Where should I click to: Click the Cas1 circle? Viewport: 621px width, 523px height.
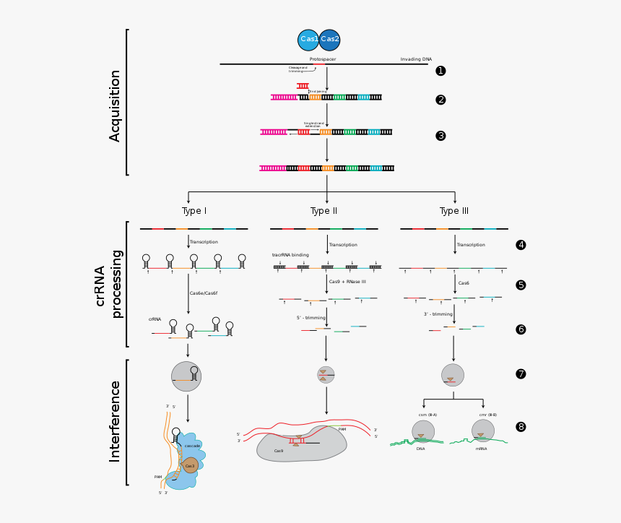coord(308,40)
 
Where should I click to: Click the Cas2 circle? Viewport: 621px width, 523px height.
coord(330,40)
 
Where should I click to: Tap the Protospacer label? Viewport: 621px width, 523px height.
coord(323,59)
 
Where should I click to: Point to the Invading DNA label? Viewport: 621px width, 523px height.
coord(416,59)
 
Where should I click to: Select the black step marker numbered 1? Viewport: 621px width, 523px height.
coord(440,71)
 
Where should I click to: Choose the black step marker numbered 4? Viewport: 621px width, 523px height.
coord(521,245)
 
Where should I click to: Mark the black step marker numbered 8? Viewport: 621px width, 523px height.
coord(521,427)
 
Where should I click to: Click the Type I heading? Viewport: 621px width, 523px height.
coord(194,211)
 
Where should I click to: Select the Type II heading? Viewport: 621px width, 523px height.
coord(323,211)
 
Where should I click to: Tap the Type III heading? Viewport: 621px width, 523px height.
coord(454,211)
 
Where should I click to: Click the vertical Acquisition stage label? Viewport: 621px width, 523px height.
coord(115,105)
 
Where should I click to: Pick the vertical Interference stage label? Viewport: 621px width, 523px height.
coord(115,421)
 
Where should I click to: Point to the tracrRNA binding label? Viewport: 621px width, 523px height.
coord(290,255)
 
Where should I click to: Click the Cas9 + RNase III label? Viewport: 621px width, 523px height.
coord(347,282)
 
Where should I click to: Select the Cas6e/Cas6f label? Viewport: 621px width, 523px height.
coord(204,293)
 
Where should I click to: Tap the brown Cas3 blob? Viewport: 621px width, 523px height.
coord(190,466)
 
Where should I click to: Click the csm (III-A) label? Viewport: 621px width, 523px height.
coord(427,415)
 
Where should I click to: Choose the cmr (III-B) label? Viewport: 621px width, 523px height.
coord(487,415)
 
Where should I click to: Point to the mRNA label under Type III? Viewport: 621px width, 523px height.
coord(481,449)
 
